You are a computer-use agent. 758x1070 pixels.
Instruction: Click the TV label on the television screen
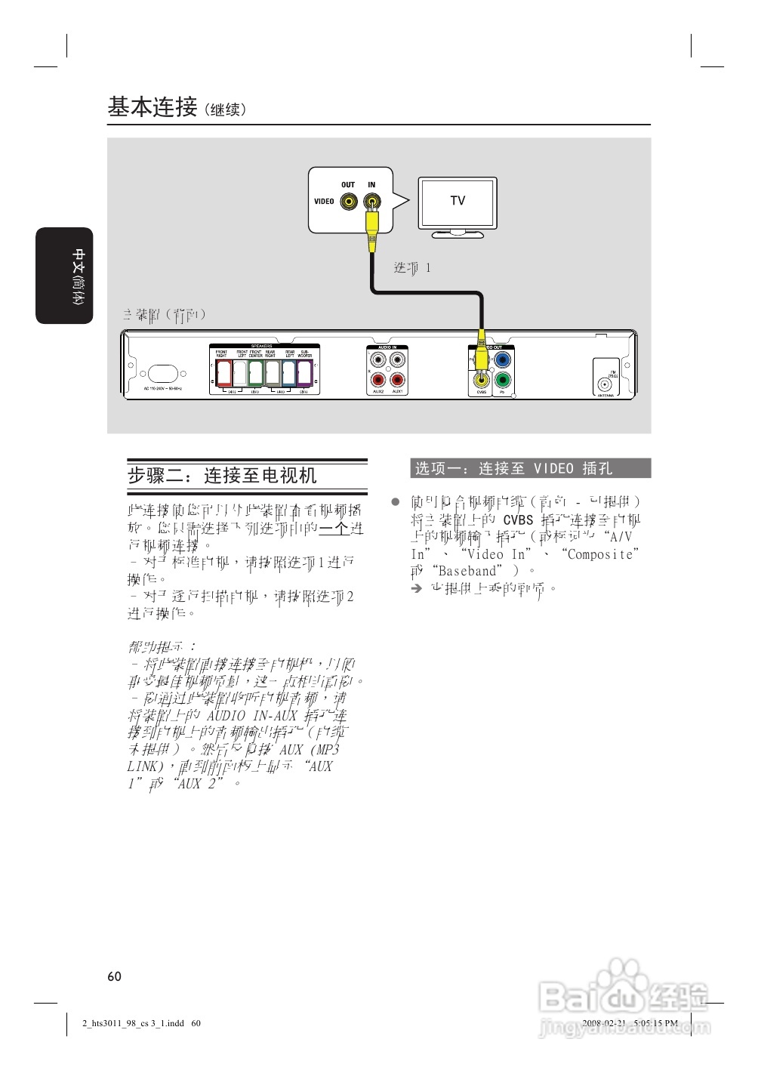tap(458, 201)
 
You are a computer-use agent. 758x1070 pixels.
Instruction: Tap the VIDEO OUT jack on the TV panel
tap(348, 202)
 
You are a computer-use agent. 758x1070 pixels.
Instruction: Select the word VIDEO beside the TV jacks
tap(324, 202)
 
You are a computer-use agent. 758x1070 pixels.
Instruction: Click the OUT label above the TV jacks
tap(348, 185)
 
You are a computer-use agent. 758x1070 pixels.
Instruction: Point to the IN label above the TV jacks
tap(371, 185)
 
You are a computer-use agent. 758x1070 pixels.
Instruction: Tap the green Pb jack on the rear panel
tap(502, 380)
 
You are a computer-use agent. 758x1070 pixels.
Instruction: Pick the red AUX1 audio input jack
tap(397, 380)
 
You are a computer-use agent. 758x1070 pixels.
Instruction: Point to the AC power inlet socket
tap(163, 374)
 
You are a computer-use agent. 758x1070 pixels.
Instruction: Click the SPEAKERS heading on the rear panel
tap(263, 347)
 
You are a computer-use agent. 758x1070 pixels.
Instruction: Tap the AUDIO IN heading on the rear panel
tap(387, 347)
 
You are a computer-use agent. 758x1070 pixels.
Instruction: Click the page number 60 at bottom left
tap(114, 976)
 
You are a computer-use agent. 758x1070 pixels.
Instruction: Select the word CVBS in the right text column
tap(518, 520)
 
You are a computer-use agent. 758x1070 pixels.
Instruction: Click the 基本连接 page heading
tap(152, 107)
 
